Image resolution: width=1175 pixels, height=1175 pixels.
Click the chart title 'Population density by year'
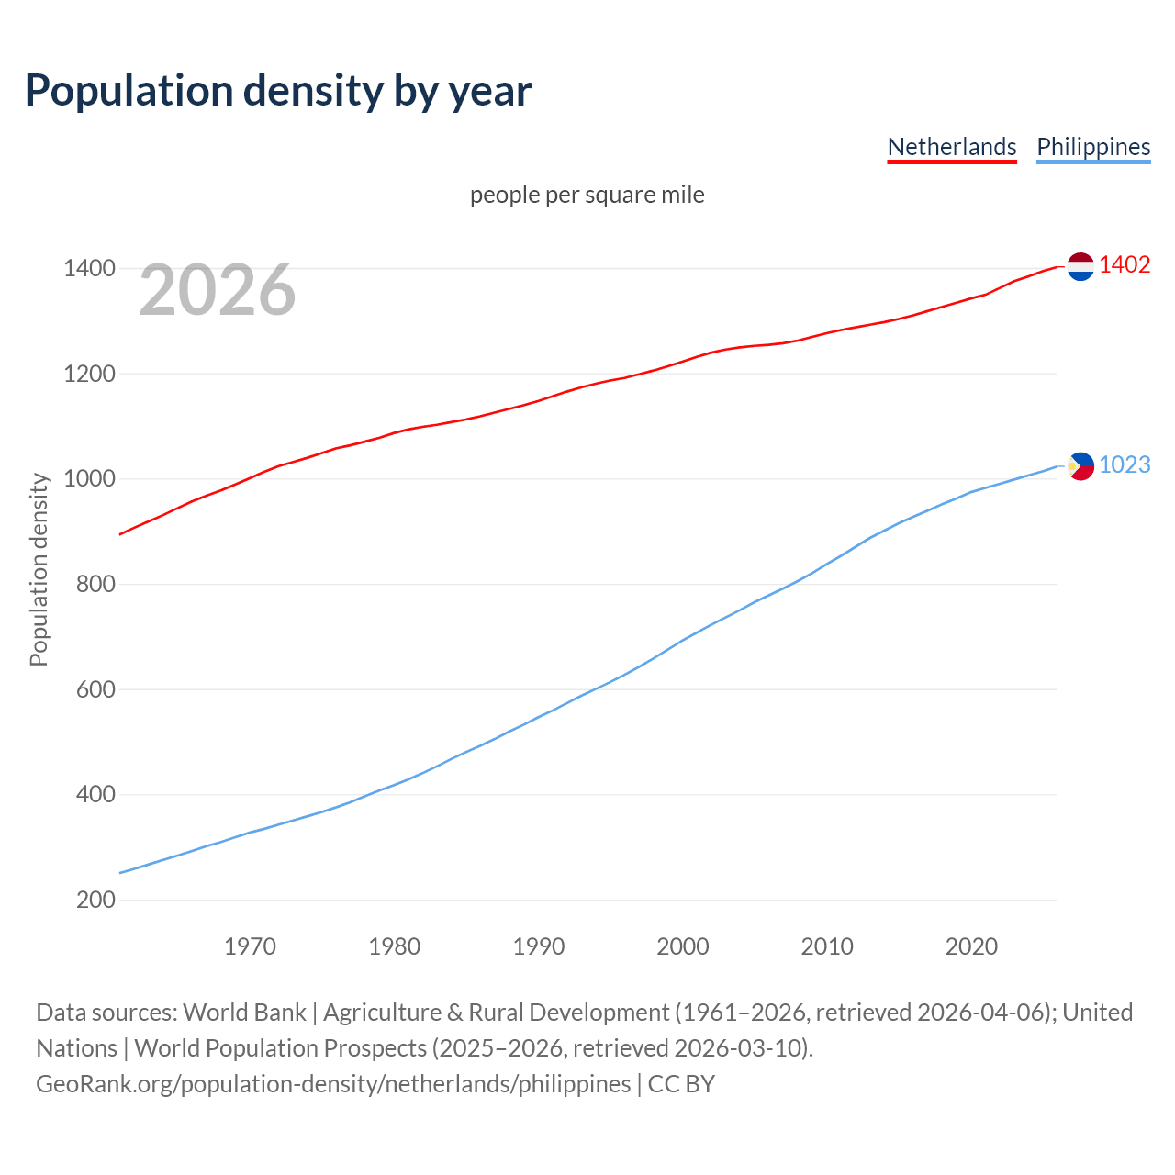point(278,90)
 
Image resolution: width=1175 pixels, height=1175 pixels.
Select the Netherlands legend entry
point(952,147)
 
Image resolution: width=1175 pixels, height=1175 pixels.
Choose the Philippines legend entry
point(1093,147)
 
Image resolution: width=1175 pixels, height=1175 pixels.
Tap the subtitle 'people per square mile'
point(587,195)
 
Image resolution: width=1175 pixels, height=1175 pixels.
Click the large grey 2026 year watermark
point(218,290)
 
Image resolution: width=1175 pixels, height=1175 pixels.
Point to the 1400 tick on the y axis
point(89,269)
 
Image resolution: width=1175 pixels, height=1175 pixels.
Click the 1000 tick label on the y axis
point(89,479)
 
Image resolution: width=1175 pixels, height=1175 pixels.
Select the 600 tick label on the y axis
point(95,689)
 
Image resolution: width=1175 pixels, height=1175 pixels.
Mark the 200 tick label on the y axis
point(95,900)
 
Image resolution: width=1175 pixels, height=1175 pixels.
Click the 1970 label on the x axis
point(250,946)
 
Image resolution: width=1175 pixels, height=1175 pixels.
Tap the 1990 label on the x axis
point(539,946)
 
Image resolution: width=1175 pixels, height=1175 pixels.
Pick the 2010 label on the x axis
point(827,946)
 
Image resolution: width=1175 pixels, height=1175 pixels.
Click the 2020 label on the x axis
point(971,946)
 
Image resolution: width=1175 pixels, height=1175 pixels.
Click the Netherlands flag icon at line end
point(1080,266)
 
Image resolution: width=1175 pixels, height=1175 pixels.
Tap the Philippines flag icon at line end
point(1081,466)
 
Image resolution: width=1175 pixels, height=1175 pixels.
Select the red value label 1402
point(1125,265)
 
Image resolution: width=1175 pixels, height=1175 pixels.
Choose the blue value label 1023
point(1125,465)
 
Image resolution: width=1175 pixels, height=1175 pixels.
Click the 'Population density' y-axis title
point(39,569)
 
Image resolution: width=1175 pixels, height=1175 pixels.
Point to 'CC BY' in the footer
point(681,1084)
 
